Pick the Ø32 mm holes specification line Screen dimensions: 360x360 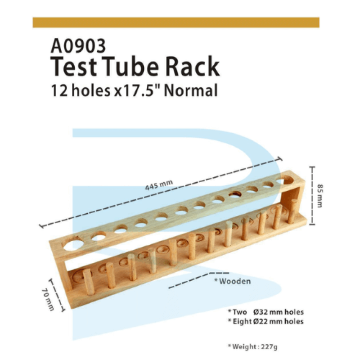[266, 312]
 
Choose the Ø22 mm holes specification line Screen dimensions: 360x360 [266, 321]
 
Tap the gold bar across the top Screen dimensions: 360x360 [176, 22]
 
